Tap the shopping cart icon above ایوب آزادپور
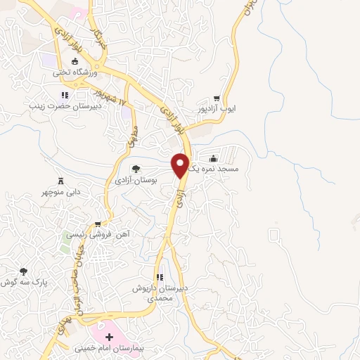pyautogui.click(x=217, y=99)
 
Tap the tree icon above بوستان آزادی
pyautogui.click(x=136, y=168)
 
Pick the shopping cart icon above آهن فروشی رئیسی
pyautogui.click(x=107, y=224)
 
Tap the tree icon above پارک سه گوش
pyautogui.click(x=24, y=271)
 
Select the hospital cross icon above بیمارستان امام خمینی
pyautogui.click(x=108, y=337)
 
